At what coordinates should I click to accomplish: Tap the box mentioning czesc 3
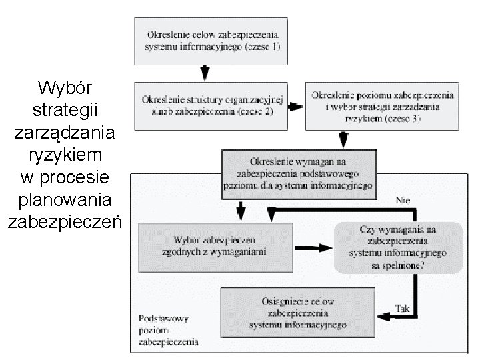point(383,106)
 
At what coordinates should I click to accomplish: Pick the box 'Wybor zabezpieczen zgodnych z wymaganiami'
point(215,246)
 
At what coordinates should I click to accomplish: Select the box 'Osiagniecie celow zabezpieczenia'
point(297,313)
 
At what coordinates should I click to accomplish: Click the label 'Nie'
point(403,199)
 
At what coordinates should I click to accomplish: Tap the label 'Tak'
point(403,309)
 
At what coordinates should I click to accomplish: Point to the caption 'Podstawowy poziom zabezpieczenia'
point(169,331)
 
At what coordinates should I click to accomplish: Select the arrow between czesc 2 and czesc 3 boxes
point(295,106)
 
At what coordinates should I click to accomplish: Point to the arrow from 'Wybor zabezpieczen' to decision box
point(313,247)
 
